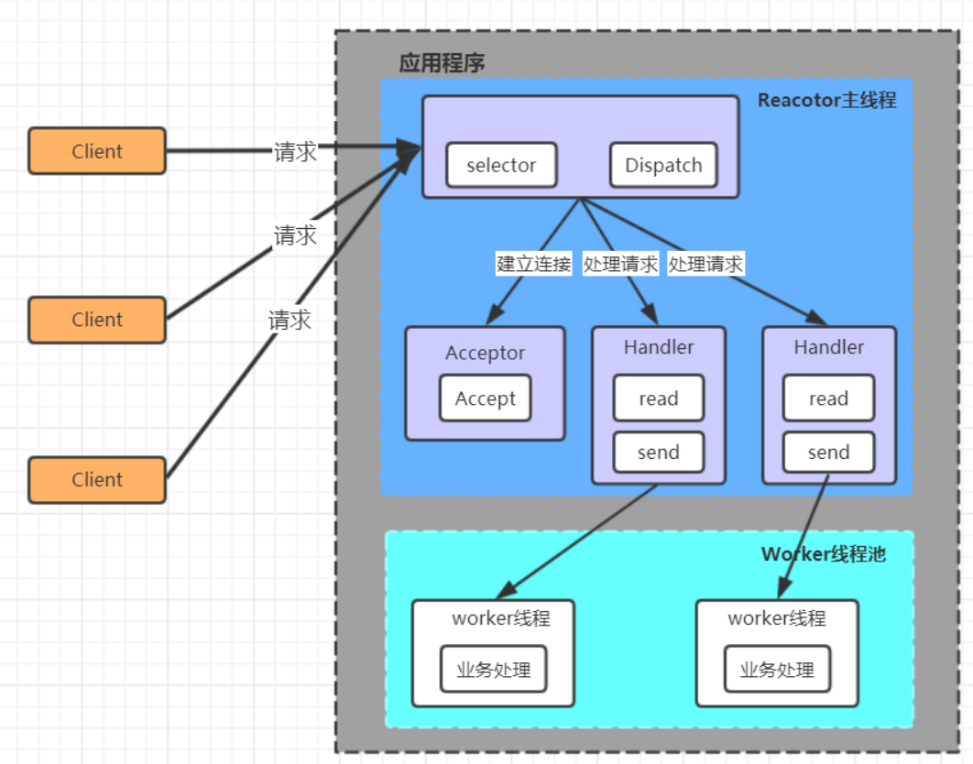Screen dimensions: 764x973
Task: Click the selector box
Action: click(x=501, y=165)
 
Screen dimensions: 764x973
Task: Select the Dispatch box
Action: click(x=663, y=165)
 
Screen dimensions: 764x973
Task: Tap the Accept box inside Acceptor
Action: click(x=486, y=398)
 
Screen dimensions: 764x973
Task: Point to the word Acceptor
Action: click(x=486, y=353)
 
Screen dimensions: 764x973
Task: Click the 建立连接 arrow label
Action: click(x=534, y=264)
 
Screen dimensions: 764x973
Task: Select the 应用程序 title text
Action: click(x=442, y=63)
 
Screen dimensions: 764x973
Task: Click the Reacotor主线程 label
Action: click(x=826, y=100)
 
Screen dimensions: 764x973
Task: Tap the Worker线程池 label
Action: click(x=824, y=554)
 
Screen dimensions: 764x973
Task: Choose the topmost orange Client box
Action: click(x=97, y=151)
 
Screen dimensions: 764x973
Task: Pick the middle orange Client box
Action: click(x=97, y=320)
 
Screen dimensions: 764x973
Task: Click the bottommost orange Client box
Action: click(x=97, y=480)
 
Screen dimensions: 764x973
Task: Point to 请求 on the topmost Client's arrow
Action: click(x=295, y=152)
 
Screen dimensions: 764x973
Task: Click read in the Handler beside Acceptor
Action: click(x=659, y=398)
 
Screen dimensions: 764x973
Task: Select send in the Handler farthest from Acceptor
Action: click(x=828, y=453)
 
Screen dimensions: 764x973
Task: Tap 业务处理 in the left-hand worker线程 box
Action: click(x=494, y=670)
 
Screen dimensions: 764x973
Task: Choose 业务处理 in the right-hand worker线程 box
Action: click(x=777, y=670)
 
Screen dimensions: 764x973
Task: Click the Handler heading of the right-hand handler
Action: click(x=828, y=347)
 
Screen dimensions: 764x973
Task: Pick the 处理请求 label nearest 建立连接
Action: click(x=620, y=264)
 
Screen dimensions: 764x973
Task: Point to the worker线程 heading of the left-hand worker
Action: click(x=501, y=618)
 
